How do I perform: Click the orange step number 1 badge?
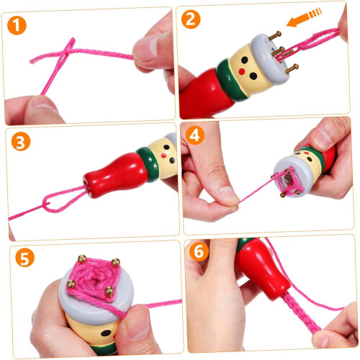coord(17,25)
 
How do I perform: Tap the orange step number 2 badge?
coord(191,19)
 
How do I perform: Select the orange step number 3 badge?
coord(21,141)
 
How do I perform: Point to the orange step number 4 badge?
coord(194,135)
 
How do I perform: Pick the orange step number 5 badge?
coord(24,258)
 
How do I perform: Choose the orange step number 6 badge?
coord(199,251)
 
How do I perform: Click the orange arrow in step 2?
coord(304,17)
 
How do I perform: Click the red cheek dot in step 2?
coord(242,71)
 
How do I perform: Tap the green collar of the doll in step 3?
coord(148,164)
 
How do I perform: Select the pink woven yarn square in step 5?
coord(93,278)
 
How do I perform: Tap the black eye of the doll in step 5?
coord(106,333)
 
